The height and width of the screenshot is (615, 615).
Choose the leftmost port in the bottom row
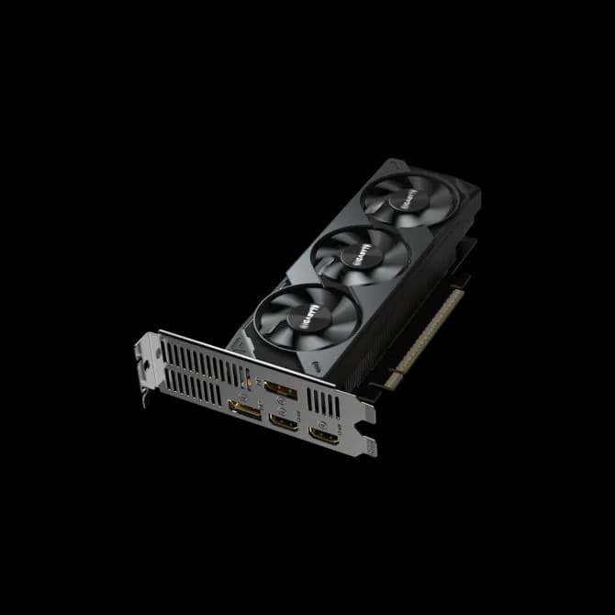point(244,410)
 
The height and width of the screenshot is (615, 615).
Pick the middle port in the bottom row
point(284,422)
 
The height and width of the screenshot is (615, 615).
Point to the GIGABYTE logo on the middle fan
point(358,253)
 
